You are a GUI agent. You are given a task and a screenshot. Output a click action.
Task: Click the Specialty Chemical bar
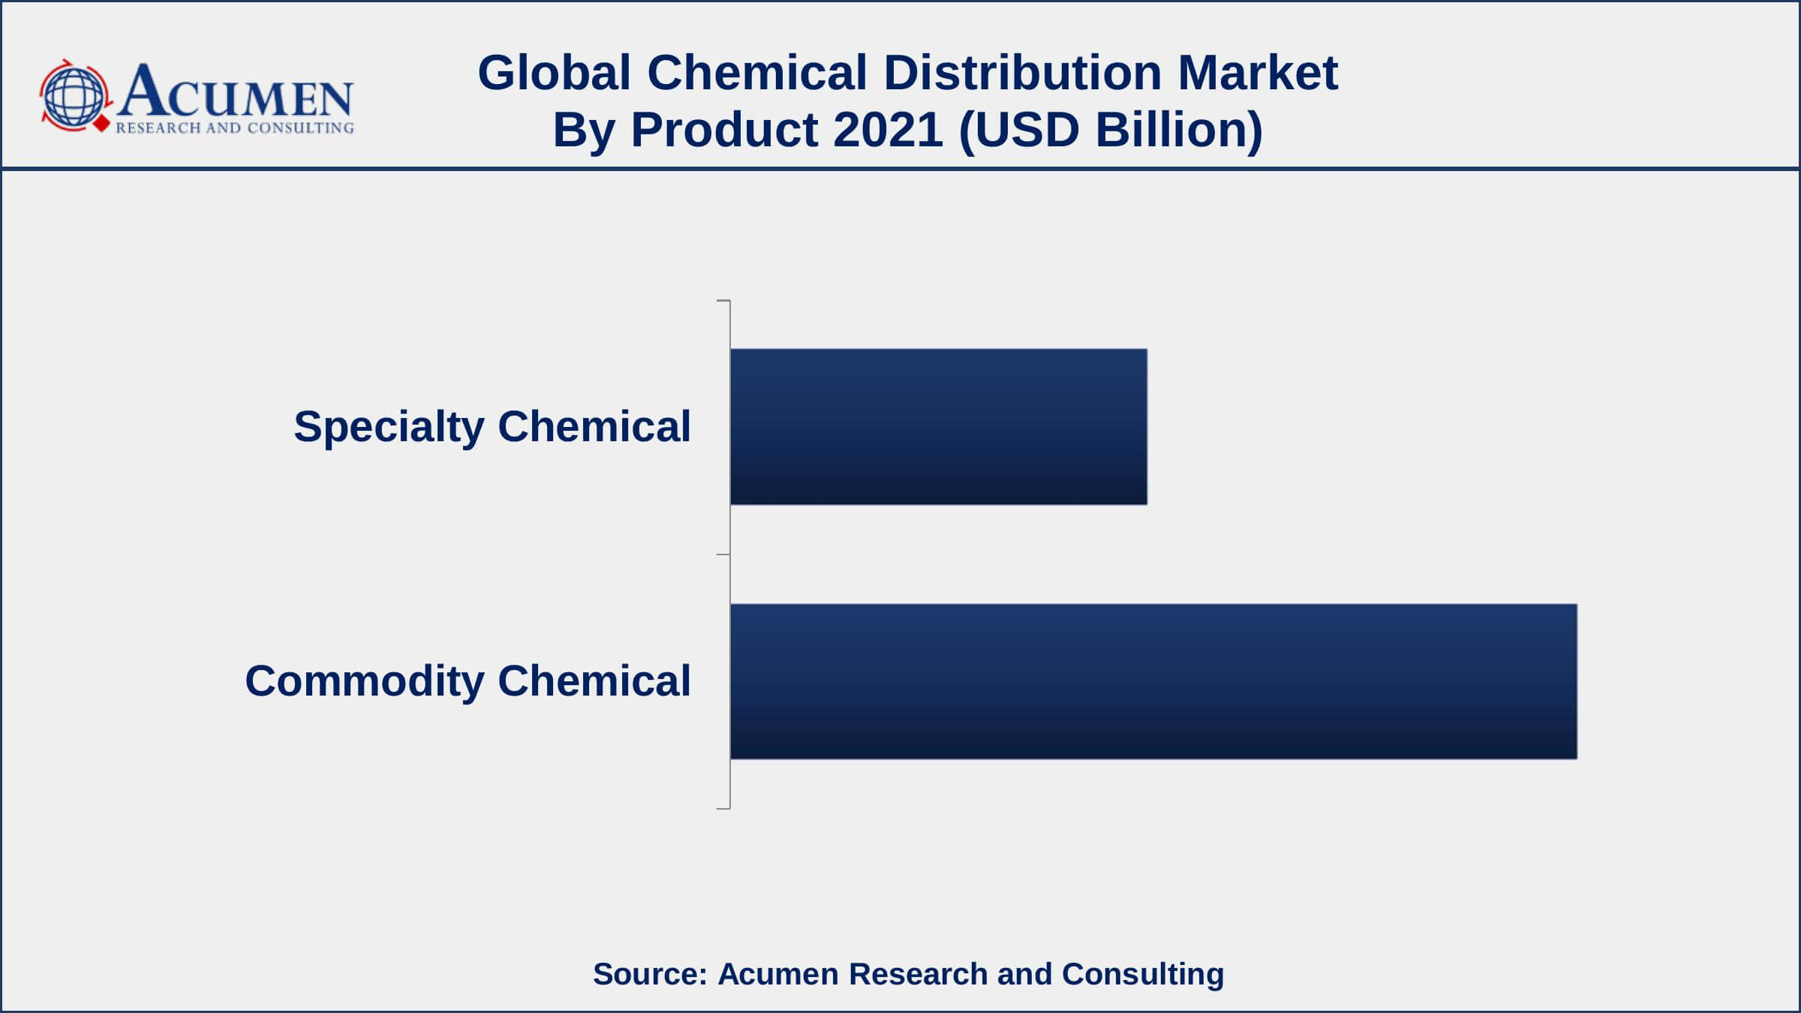pos(938,426)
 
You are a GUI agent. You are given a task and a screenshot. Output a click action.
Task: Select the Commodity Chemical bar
pos(1153,681)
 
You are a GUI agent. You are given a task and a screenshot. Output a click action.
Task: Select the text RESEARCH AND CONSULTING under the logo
pos(234,128)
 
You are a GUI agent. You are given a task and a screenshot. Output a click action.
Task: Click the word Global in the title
pos(554,74)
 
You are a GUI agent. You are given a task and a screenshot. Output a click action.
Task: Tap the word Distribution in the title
pos(1022,74)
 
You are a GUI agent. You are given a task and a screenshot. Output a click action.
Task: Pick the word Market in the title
pos(1258,74)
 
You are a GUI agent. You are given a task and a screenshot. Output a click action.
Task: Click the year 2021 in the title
pos(888,130)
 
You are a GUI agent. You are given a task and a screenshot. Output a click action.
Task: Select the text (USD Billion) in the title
pos(1111,130)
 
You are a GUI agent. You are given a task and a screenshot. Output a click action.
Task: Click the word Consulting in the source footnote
pos(1142,974)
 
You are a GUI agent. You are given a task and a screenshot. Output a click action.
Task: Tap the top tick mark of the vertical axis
pos(723,301)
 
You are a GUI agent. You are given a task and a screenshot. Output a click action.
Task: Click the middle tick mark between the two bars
pos(723,555)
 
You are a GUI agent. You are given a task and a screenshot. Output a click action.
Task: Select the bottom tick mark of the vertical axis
pos(723,808)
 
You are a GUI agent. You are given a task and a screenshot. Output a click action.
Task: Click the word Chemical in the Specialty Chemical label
pos(594,426)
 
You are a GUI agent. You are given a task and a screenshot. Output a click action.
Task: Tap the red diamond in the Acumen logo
pos(101,124)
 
